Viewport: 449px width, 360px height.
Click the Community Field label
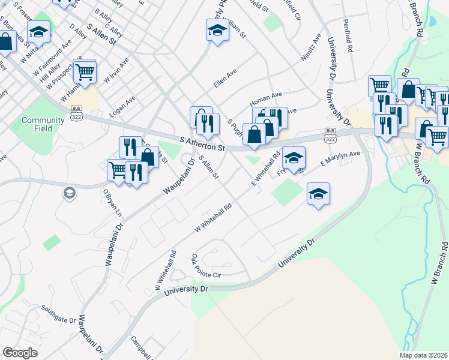tap(43, 124)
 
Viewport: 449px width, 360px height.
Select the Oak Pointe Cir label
tap(206, 266)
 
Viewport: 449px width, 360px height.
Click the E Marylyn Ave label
tap(340, 158)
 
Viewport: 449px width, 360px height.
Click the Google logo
tap(20, 353)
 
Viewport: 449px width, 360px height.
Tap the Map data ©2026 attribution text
tap(424, 355)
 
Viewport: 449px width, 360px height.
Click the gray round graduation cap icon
tap(69, 193)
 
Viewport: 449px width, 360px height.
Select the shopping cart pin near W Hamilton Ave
tap(85, 71)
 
